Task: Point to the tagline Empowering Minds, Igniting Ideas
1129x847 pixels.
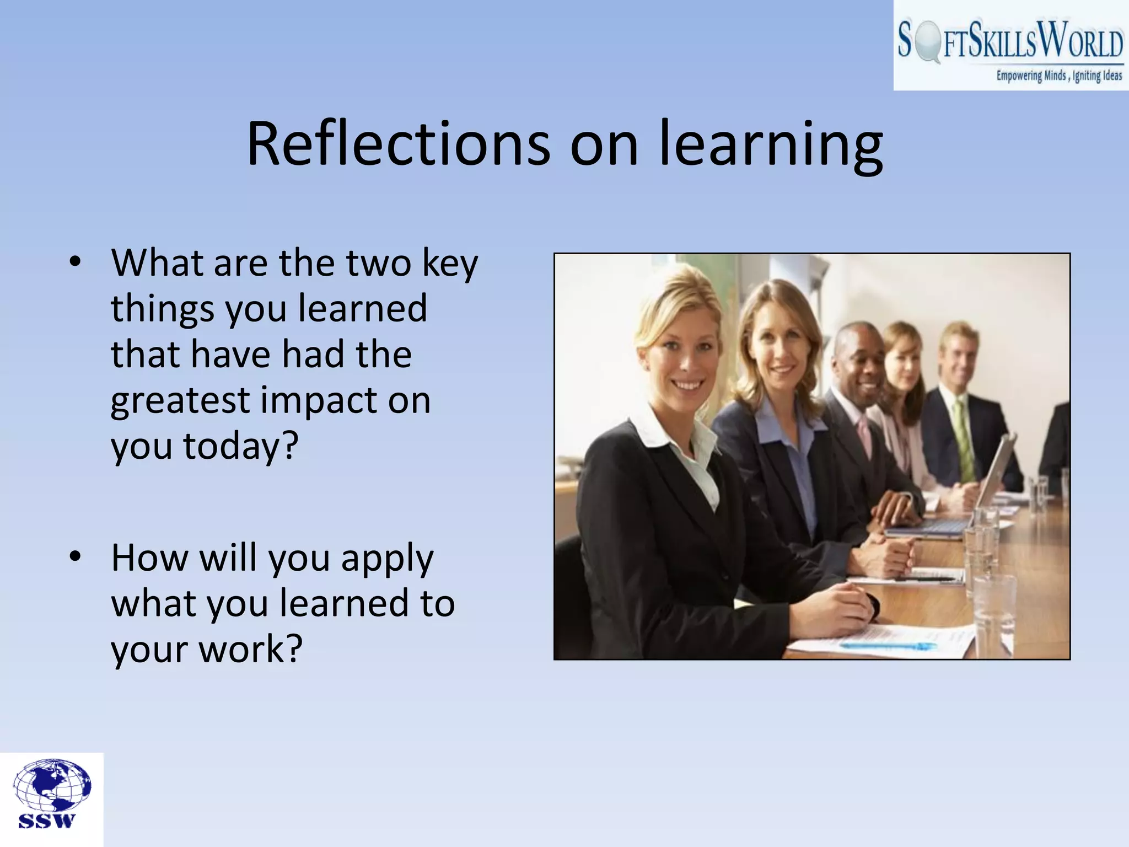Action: click(x=1058, y=76)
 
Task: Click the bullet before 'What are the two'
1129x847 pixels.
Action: click(x=75, y=262)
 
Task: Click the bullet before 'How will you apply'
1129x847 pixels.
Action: click(x=75, y=557)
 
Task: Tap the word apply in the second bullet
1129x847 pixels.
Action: click(x=387, y=559)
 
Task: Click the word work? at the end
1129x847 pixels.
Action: click(x=250, y=649)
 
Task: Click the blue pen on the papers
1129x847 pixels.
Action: click(x=888, y=646)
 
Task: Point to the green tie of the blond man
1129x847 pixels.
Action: click(x=963, y=441)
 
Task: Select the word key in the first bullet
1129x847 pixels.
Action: click(x=449, y=263)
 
